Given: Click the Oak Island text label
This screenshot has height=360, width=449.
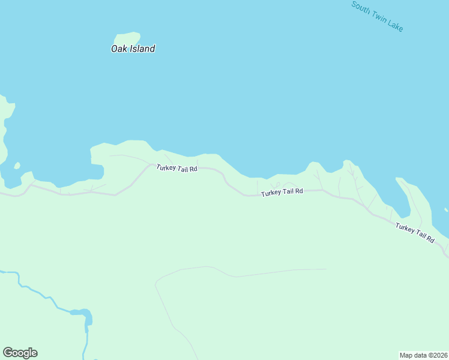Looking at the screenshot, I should coord(133,49).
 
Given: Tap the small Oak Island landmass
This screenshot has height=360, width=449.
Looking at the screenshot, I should coord(127,38).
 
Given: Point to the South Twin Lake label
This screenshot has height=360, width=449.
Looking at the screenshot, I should coord(377,16).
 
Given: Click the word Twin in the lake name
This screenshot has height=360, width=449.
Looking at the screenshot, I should coord(378,17).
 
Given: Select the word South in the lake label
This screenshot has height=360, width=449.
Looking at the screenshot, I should coord(360,7).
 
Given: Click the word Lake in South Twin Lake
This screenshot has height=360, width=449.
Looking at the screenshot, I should coord(395,26).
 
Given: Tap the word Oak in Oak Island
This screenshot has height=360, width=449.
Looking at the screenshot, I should coord(118,49).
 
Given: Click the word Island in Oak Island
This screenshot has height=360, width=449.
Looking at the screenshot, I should coord(141,49).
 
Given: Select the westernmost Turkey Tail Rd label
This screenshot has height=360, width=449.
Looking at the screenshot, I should coord(176,168).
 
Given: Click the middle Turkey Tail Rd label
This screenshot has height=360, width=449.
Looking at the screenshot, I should coord(282,192).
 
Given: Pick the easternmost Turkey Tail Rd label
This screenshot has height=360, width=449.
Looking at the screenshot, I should coord(414,232).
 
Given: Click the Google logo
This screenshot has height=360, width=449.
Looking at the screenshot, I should coord(20,353).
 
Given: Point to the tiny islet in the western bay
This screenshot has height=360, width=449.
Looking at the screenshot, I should coord(17,166).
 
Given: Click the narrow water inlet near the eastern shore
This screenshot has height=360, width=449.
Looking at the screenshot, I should coord(402,198).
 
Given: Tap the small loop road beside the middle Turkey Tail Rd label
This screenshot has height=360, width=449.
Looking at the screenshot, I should coord(289,185).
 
